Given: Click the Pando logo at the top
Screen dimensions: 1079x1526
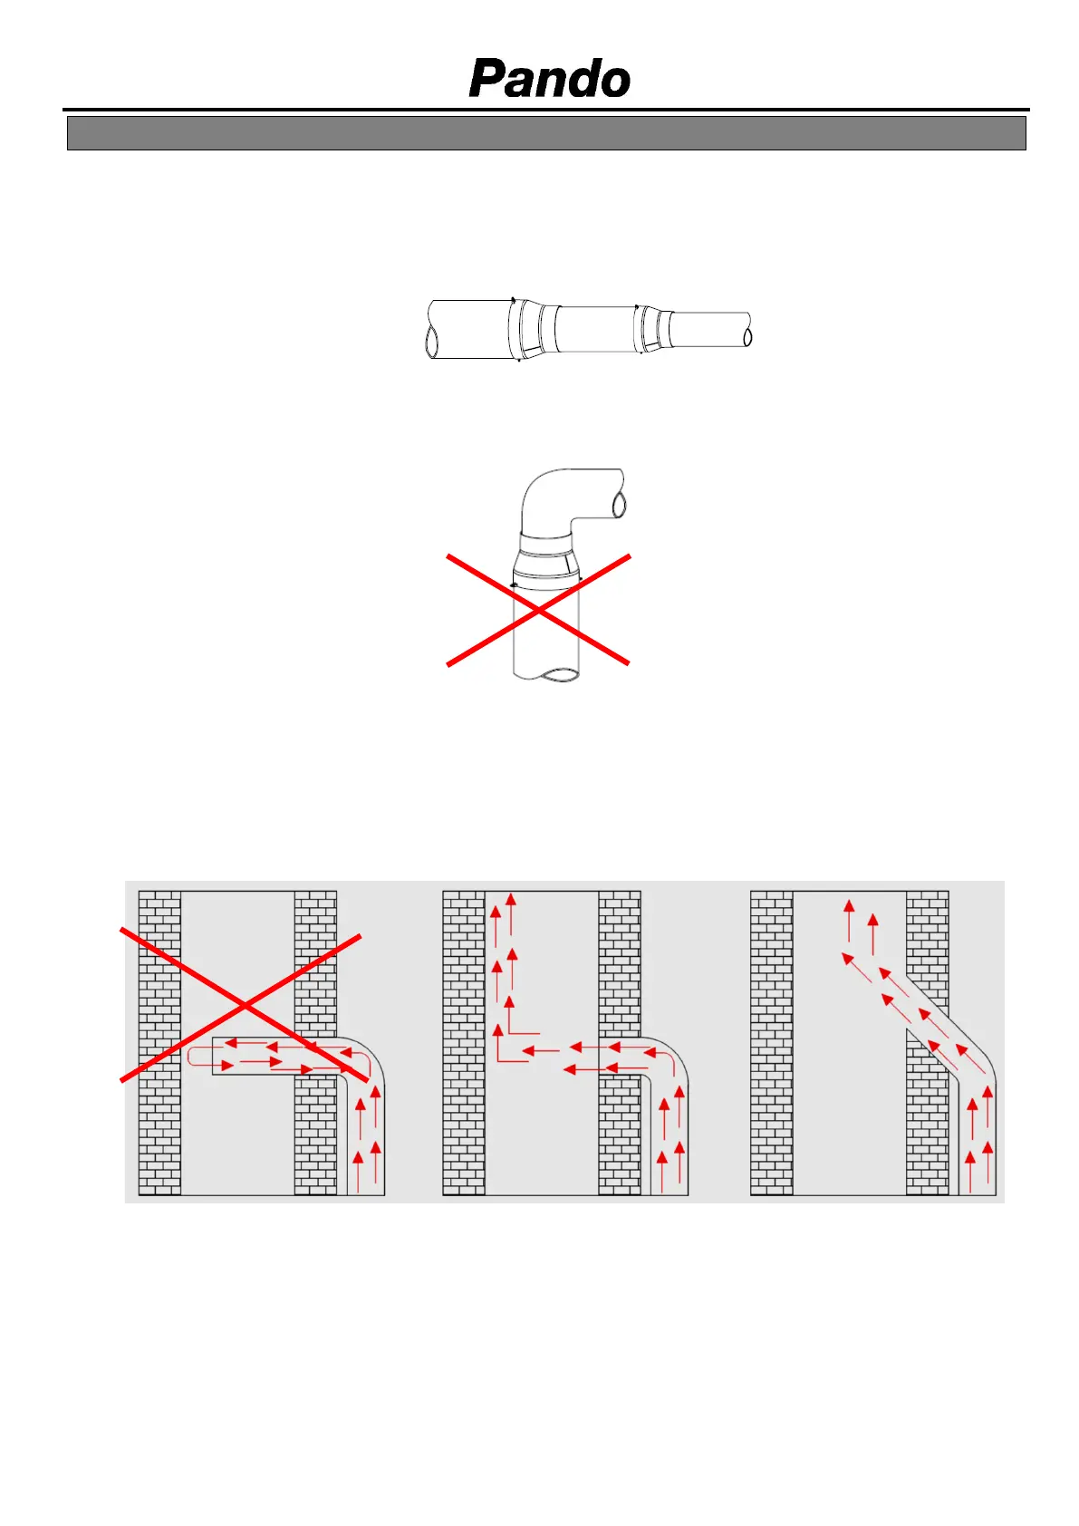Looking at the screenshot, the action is tap(549, 78).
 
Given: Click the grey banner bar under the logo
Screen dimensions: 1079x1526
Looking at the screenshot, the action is tap(546, 133).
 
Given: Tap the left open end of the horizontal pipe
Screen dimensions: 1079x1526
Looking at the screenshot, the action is tap(432, 340).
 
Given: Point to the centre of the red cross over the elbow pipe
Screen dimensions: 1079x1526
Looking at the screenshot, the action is tap(538, 610).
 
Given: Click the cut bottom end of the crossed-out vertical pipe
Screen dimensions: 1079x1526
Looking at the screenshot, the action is tap(545, 674).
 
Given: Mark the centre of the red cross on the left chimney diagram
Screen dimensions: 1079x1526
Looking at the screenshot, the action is tap(244, 1006).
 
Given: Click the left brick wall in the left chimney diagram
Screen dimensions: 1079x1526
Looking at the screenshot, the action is tap(159, 1043).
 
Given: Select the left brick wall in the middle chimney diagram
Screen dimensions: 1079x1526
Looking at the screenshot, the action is tap(464, 1043).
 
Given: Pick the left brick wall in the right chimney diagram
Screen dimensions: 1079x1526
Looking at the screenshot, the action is tap(772, 1043).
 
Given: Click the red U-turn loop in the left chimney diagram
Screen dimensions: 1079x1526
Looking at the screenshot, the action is tap(190, 1057).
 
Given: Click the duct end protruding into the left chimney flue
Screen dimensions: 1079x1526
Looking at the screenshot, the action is tap(214, 1056).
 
